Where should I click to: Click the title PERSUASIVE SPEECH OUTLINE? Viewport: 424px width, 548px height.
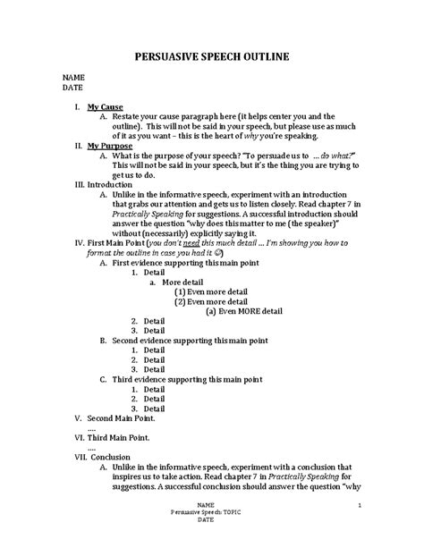[x=211, y=59]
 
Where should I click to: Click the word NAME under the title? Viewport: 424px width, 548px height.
[x=72, y=79]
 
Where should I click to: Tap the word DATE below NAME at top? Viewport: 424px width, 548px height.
[x=72, y=89]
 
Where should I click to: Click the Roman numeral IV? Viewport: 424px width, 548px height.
[x=77, y=241]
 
